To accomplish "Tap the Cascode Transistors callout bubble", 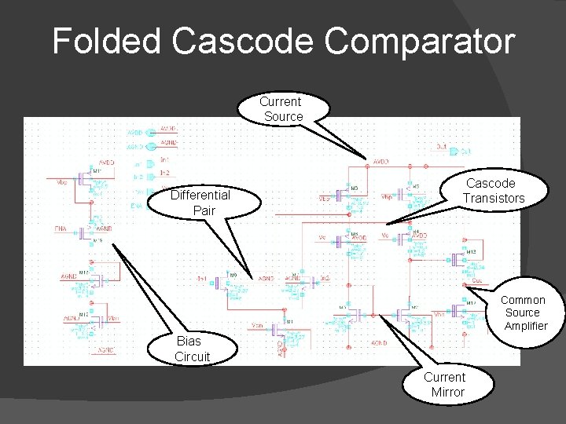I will pos(493,191).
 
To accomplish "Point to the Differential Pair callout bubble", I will pos(200,203).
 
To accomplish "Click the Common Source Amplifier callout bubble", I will pos(524,313).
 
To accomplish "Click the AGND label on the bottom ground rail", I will pos(380,343).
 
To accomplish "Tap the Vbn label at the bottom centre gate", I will pos(257,326).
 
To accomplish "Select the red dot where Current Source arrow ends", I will pos(367,166).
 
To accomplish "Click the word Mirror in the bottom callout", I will pos(447,392).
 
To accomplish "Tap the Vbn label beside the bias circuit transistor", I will pos(115,318).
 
